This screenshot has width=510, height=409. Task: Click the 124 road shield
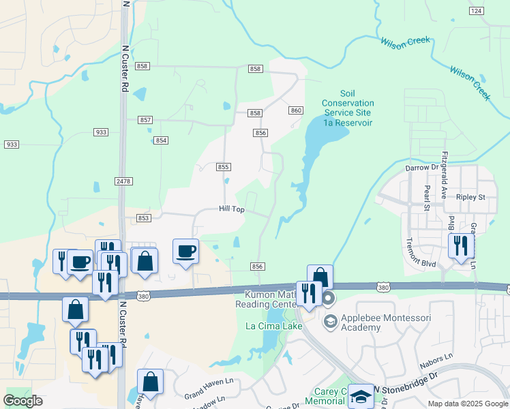pos(477,11)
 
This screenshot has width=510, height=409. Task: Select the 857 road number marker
pos(145,119)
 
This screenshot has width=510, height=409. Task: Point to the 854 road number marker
pos(161,140)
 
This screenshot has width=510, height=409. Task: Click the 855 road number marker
pos(224,167)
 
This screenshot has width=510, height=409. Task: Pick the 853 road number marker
pos(143,218)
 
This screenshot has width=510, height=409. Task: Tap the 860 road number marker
pos(295,110)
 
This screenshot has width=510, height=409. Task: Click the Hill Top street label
pos(232,209)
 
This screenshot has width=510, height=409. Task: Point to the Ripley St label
pos(470,197)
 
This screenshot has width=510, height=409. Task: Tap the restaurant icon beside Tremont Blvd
pos(460,245)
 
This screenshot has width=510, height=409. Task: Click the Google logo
pos(23,401)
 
